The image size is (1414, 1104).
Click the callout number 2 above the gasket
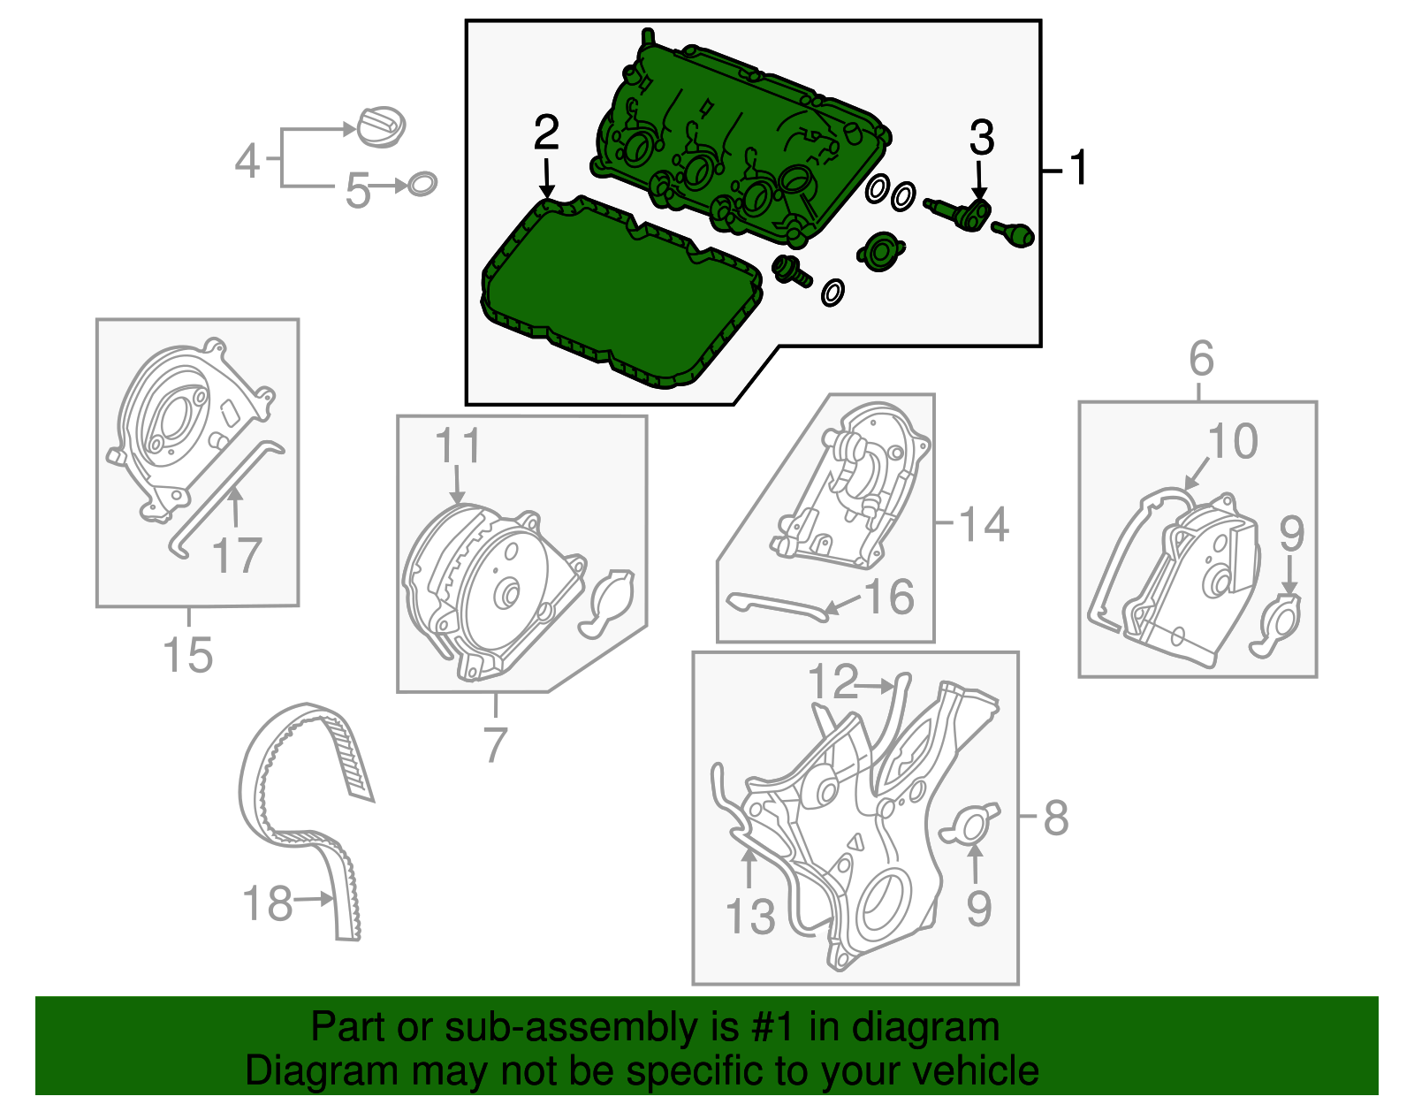point(546,133)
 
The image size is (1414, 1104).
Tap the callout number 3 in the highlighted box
point(982,138)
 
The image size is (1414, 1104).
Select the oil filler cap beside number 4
point(381,126)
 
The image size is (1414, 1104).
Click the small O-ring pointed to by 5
point(422,184)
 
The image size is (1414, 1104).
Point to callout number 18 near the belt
point(267,904)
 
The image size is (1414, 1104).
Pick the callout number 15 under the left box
point(188,656)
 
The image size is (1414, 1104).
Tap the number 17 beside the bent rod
point(237,556)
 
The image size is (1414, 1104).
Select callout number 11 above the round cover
point(458,445)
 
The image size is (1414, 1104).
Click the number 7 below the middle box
point(495,744)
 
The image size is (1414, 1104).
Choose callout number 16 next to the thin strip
point(889,598)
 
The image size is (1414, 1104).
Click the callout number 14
point(984,525)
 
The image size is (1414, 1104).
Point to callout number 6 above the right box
point(1201,358)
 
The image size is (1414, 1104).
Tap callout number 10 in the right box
point(1233,441)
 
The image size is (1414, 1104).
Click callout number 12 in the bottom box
point(832,682)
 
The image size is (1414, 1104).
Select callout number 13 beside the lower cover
point(750,916)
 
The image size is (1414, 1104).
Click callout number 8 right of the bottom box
point(1056,818)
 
